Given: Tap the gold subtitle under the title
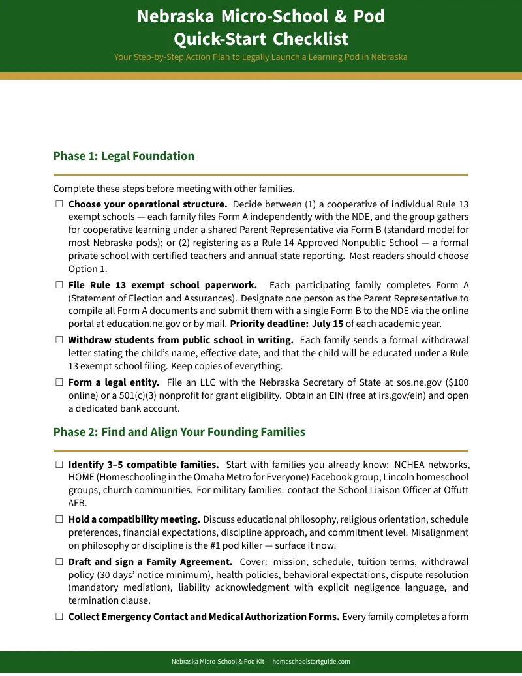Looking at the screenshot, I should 260,57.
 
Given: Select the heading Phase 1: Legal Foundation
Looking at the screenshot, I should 123,156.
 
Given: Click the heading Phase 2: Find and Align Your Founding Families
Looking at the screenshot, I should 179,432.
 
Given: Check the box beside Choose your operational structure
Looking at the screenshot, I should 59,204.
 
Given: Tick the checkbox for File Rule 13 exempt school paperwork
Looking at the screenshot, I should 59,285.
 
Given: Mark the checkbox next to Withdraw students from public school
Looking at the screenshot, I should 59,340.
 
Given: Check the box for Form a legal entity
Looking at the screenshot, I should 59,382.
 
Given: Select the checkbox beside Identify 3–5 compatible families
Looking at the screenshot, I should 59,465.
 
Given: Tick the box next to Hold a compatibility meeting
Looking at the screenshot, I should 59,519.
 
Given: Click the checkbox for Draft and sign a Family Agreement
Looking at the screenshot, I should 59,561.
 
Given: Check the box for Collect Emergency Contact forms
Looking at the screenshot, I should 59,616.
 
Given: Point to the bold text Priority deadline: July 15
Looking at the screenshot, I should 286,324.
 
